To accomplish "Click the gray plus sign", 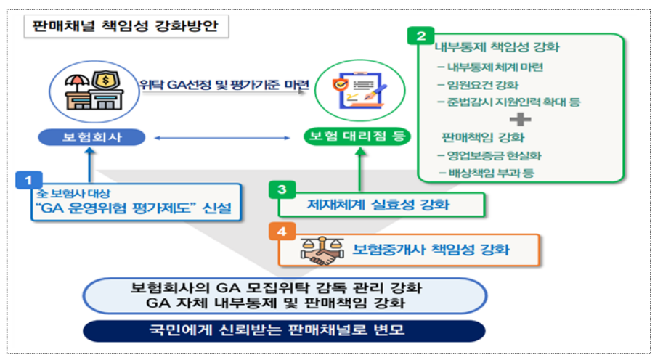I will [519, 119].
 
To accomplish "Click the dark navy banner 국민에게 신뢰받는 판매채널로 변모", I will [282, 330].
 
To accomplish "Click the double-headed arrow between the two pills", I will [221, 136].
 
